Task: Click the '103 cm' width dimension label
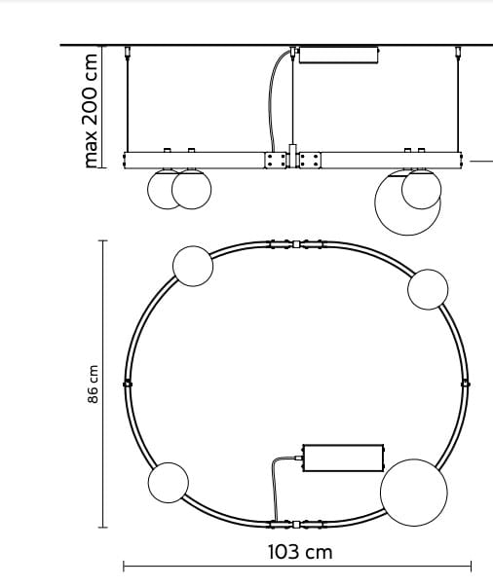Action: [299, 552]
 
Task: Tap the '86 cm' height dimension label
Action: [94, 385]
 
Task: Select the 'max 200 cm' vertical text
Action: [92, 109]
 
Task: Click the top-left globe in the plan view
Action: [192, 266]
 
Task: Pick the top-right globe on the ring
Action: [428, 289]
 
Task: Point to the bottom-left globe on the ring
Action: [168, 482]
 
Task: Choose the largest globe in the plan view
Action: [413, 493]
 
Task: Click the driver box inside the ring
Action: [343, 457]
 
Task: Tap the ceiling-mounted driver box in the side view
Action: [337, 54]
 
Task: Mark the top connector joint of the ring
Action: [295, 243]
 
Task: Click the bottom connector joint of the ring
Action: [295, 524]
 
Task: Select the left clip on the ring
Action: [128, 384]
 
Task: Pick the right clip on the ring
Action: [466, 384]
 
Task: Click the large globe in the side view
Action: [408, 202]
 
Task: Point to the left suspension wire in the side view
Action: [130, 102]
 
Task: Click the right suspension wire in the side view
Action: [458, 102]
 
